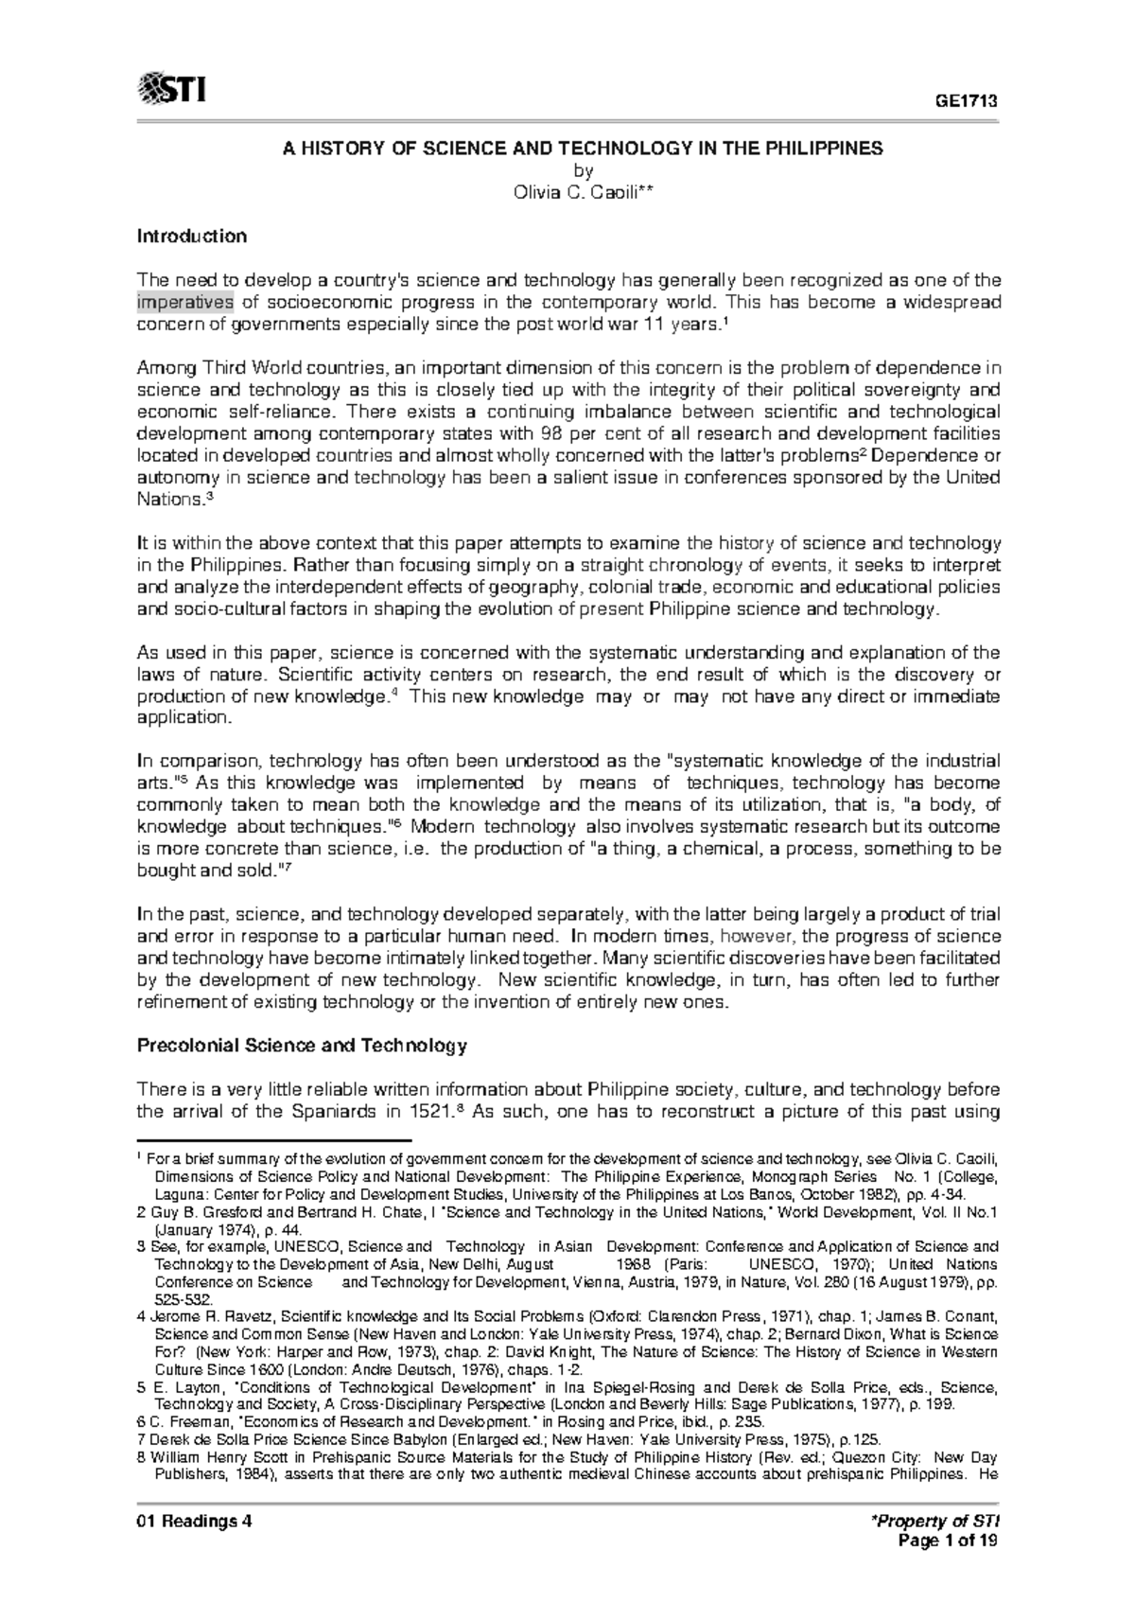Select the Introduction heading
point(192,236)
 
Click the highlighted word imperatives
point(184,302)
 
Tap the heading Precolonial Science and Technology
point(302,1046)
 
